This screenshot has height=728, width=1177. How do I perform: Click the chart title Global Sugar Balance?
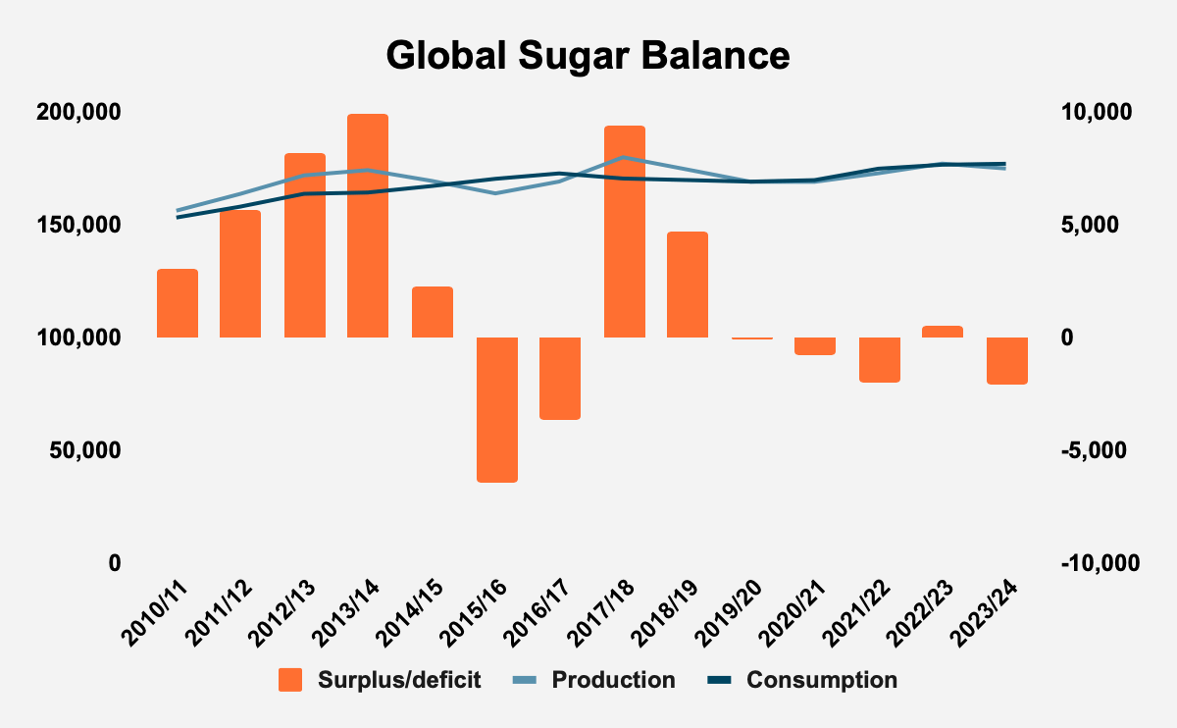coord(588,55)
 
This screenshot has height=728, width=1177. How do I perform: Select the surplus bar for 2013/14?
coord(369,226)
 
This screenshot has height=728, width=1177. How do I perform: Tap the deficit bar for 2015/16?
coord(497,409)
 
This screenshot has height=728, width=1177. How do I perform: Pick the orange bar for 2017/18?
coord(625,232)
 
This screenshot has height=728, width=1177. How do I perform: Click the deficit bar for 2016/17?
coord(561,378)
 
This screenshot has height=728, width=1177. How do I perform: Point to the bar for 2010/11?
coord(178,303)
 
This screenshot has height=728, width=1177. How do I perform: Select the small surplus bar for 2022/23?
coord(943,332)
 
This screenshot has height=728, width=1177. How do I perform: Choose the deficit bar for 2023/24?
coord(1007,360)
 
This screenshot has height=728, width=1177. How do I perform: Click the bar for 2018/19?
coord(688,285)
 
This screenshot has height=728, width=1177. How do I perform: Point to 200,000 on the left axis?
coord(78,112)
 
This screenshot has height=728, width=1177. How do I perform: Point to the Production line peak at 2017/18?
coord(625,157)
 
